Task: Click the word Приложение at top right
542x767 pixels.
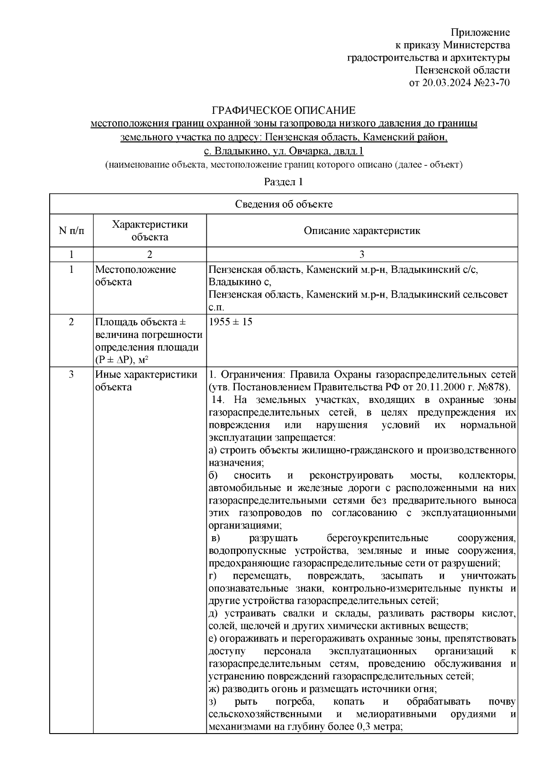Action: click(x=481, y=33)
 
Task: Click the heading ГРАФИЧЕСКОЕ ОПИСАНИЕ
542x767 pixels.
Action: click(x=284, y=111)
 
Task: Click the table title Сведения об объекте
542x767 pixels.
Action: click(x=284, y=204)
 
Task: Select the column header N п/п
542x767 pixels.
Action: click(x=71, y=231)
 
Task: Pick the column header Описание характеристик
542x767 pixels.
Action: click(x=362, y=231)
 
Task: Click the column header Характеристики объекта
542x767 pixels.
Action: click(x=150, y=231)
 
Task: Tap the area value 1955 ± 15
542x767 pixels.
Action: click(x=230, y=322)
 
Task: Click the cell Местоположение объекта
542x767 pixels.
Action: click(x=135, y=276)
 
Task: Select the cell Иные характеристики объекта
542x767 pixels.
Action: click(x=146, y=381)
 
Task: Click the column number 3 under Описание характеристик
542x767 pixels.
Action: click(x=362, y=254)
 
